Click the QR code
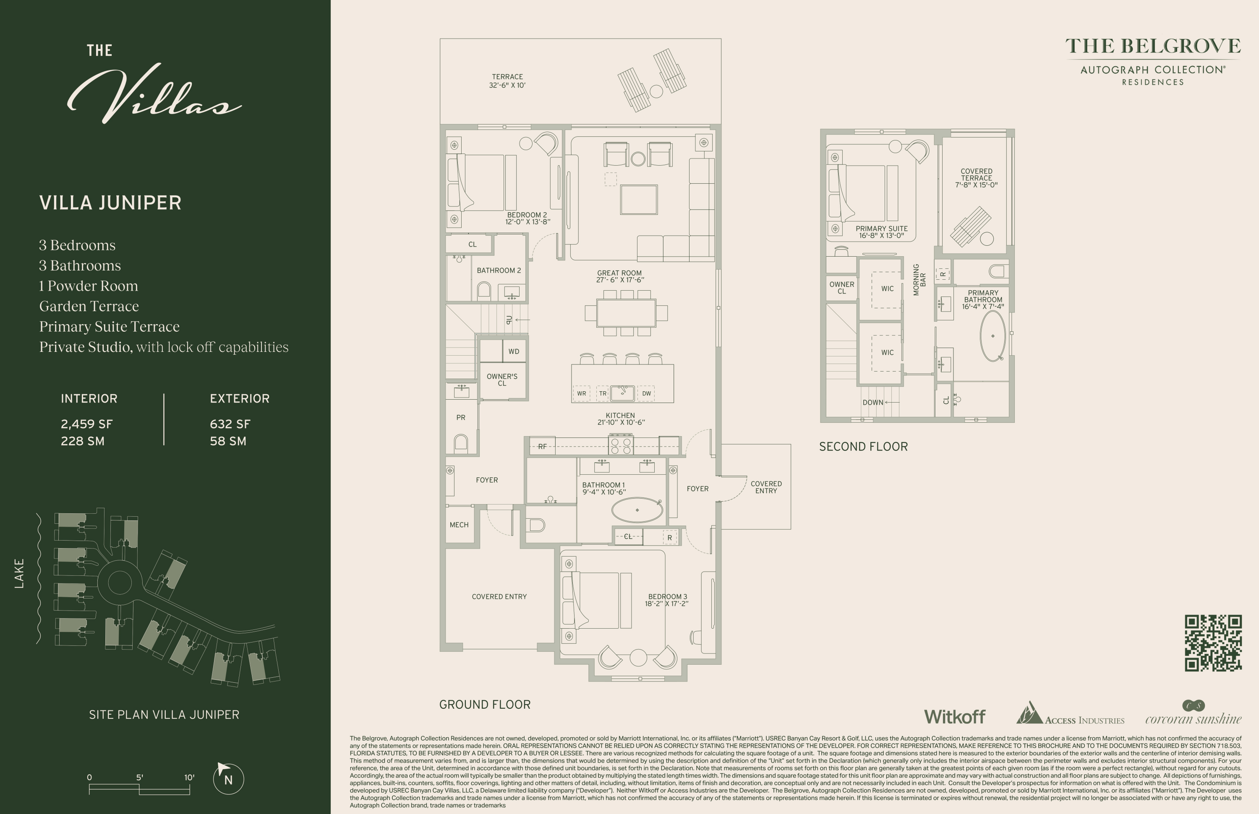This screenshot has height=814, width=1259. [1212, 643]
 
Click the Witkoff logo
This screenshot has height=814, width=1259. [954, 717]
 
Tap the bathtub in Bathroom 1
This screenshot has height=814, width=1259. [637, 510]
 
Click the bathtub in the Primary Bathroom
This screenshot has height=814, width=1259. [993, 335]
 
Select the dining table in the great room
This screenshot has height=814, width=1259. [626, 313]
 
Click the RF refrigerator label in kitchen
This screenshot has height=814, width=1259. [542, 447]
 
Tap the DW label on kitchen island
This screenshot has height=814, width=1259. [646, 393]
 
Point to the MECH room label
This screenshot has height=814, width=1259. [459, 525]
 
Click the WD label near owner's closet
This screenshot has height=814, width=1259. [514, 351]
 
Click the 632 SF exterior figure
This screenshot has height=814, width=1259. [230, 424]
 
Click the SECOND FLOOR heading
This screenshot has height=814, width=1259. [863, 447]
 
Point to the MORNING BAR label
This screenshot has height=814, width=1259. [919, 280]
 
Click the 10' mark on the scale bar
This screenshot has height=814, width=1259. [189, 778]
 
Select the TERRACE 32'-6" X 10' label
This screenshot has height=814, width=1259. [507, 81]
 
